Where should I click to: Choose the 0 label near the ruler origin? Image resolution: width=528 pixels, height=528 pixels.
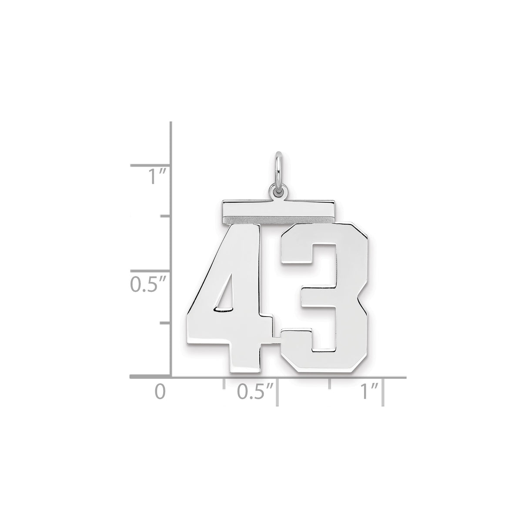coord(160,391)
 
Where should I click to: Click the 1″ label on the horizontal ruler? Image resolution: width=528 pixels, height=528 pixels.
coord(369,391)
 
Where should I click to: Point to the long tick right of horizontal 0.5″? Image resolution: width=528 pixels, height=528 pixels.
coord(277,392)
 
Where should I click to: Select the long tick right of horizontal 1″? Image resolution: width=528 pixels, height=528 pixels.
coord(383,392)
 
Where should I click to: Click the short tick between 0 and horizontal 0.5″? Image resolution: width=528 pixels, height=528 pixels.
coord(224,383)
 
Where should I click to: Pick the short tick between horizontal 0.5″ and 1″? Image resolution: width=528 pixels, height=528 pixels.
coord(330,383)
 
